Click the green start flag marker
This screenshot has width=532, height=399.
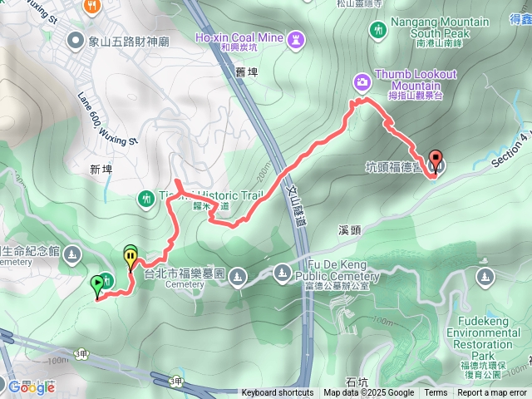(98, 286)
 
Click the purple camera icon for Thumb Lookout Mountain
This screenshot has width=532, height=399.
(362, 81)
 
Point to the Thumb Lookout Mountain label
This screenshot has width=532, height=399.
(416, 80)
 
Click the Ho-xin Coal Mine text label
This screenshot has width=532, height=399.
(241, 37)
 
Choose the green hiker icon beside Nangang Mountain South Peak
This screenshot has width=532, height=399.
(379, 31)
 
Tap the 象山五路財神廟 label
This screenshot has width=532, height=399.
(130, 39)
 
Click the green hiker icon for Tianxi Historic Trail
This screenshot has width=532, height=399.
(146, 198)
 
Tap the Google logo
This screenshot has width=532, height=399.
(31, 387)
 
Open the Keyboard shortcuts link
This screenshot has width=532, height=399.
(277, 393)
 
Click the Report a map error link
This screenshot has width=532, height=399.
(493, 393)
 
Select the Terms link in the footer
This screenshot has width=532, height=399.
(436, 393)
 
